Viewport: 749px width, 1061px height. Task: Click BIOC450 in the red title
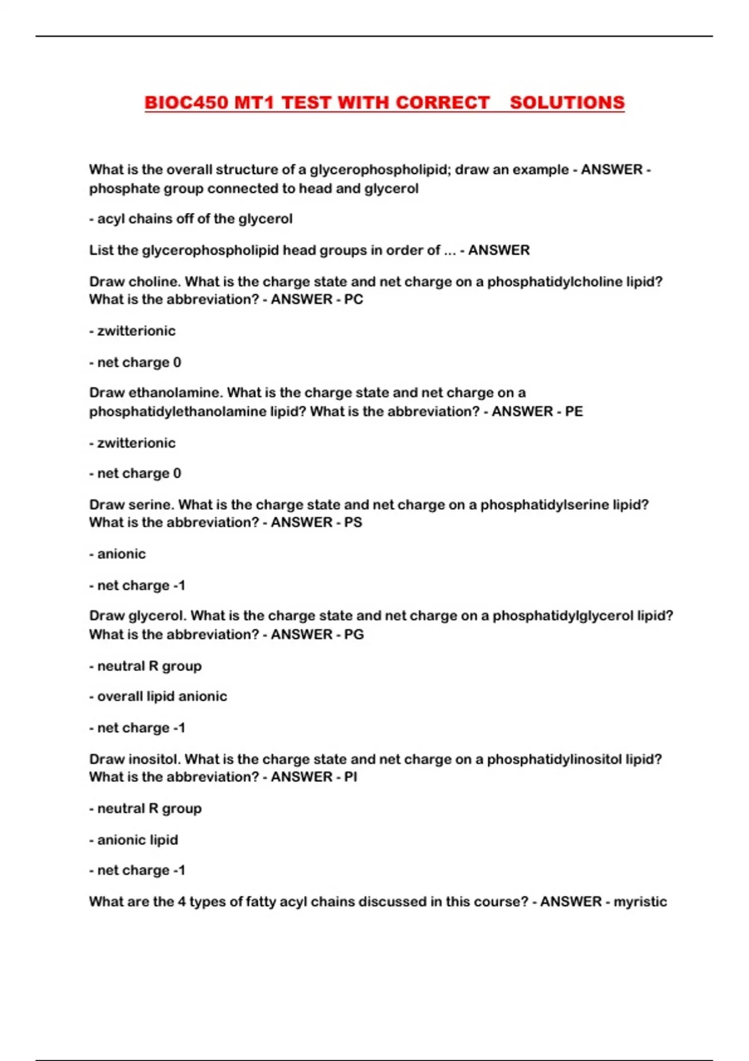pyautogui.click(x=186, y=103)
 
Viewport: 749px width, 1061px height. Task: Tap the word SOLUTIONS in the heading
pyautogui.click(x=567, y=103)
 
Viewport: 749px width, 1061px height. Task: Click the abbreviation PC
pyautogui.click(x=353, y=300)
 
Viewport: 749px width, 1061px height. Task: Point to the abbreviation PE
pyautogui.click(x=574, y=411)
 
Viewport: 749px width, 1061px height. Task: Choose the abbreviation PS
pyautogui.click(x=353, y=522)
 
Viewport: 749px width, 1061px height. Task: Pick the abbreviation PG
pyautogui.click(x=354, y=634)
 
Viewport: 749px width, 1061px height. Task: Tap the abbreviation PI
pyautogui.click(x=351, y=777)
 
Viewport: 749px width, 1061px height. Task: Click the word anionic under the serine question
pyautogui.click(x=121, y=554)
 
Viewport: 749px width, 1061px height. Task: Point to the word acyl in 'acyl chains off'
pyautogui.click(x=110, y=219)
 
